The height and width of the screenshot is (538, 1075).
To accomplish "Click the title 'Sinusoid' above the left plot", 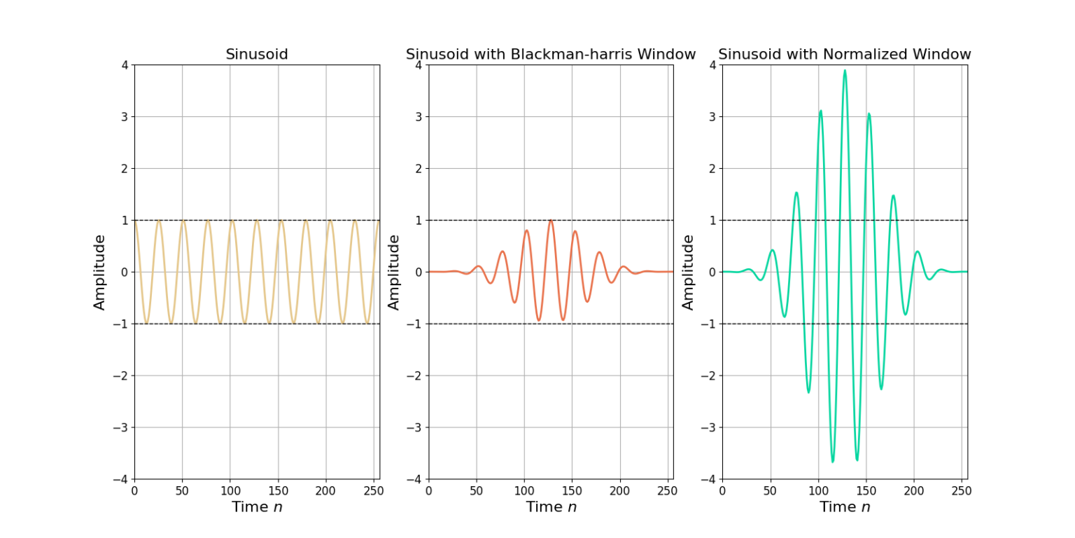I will (x=257, y=55).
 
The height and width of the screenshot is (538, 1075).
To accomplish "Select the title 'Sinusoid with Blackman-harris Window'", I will (x=551, y=55).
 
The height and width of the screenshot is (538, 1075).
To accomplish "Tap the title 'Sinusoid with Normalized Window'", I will (x=845, y=55).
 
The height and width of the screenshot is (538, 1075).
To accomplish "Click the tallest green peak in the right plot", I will (x=845, y=70).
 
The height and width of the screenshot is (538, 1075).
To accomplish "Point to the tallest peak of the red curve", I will (x=551, y=221).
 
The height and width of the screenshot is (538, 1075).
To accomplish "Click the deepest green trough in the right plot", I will (x=832, y=462).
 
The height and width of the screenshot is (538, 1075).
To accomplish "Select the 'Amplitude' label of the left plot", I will (x=100, y=272).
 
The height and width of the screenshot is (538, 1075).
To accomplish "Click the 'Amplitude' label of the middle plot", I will (x=394, y=272).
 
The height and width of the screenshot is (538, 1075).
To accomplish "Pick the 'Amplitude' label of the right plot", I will (x=689, y=272).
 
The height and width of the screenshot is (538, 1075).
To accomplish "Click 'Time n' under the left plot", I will (x=257, y=507).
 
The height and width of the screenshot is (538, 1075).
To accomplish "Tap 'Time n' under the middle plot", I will (x=551, y=507).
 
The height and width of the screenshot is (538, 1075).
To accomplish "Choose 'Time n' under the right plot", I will (x=845, y=507).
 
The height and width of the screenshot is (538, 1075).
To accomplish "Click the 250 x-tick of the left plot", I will (x=374, y=491).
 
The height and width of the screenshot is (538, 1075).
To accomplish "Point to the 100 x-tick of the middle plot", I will (x=524, y=491).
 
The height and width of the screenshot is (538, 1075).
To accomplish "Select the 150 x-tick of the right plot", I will (x=866, y=491).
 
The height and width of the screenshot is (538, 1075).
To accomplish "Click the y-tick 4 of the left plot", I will (x=125, y=65).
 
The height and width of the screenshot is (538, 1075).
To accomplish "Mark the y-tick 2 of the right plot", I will (x=712, y=168).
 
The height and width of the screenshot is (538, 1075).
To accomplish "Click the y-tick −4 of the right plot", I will (x=708, y=479).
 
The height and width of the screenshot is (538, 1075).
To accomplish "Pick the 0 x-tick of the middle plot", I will (x=429, y=491).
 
